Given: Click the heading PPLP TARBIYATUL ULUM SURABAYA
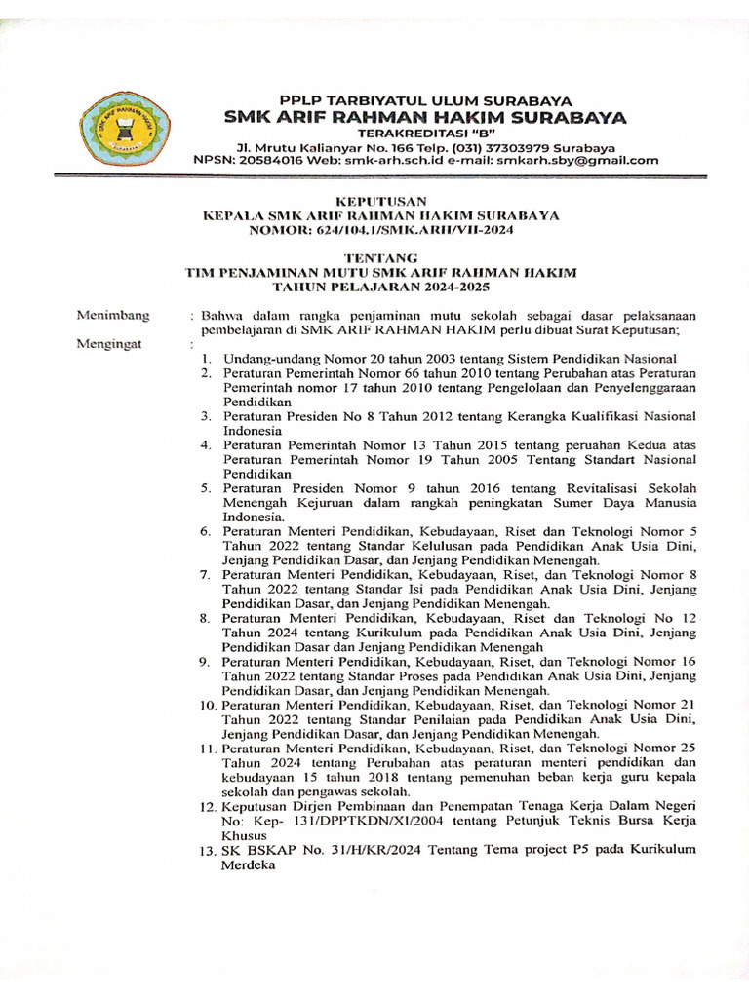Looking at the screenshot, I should pyautogui.click(x=425, y=100).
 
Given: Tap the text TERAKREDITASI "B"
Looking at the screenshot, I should pyautogui.click(x=425, y=133).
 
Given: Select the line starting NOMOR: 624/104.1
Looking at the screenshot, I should pyautogui.click(x=381, y=229).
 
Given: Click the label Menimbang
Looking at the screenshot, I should pyautogui.click(x=113, y=315).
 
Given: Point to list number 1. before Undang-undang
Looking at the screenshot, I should pyautogui.click(x=207, y=360).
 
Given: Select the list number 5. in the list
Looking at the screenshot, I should pyautogui.click(x=207, y=487).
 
